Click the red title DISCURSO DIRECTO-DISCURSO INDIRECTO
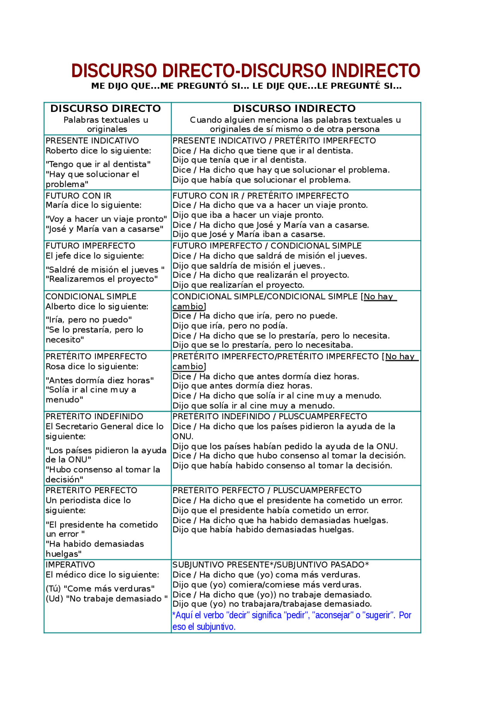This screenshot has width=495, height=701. (246, 71)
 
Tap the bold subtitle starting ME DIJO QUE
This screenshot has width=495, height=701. (246, 86)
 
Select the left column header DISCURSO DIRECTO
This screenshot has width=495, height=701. (106, 109)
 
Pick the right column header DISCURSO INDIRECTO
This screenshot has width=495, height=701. (294, 109)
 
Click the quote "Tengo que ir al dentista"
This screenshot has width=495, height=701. (98, 164)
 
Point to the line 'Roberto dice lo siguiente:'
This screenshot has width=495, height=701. (98, 151)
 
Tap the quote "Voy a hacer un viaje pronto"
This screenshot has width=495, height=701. (106, 219)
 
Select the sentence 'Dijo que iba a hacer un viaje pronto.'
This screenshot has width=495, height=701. (248, 215)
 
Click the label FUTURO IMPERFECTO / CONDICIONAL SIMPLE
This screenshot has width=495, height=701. (267, 246)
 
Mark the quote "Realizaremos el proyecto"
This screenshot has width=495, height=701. (102, 279)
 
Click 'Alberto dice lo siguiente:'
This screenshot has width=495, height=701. (97, 307)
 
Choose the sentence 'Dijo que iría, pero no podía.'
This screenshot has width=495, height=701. (230, 326)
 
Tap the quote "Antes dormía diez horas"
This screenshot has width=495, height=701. (100, 380)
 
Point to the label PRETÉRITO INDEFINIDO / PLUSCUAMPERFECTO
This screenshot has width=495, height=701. (270, 416)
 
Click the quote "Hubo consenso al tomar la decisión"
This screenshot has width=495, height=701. (103, 475)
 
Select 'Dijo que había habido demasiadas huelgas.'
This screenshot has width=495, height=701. (263, 530)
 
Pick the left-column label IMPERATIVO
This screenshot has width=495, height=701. (70, 565)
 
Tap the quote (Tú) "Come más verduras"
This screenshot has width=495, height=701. (100, 589)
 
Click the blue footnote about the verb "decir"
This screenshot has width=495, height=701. (292, 621)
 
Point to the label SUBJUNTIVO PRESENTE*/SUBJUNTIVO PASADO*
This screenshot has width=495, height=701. (271, 565)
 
